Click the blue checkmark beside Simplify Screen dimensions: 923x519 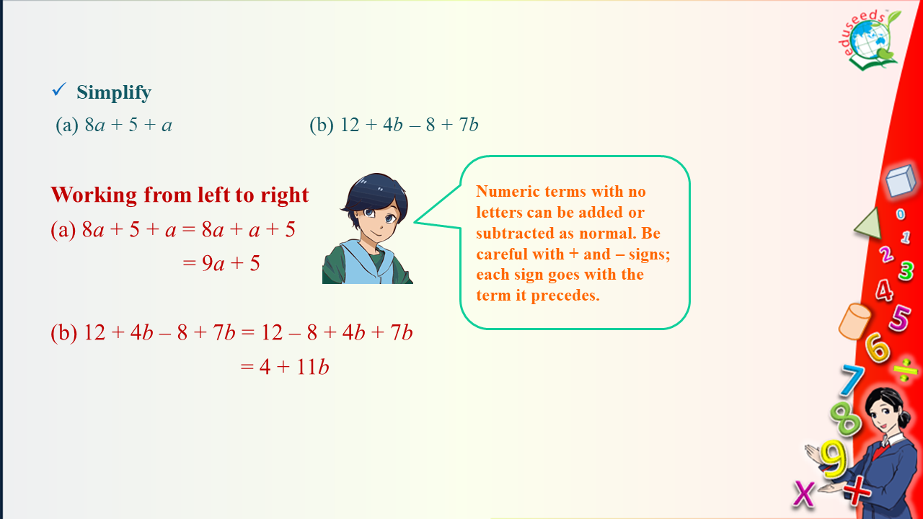click(x=59, y=89)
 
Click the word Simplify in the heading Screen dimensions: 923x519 click(x=114, y=93)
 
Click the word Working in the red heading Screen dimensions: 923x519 click(x=94, y=195)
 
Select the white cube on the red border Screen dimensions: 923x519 click(x=901, y=181)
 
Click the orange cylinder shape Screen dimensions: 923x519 click(x=854, y=321)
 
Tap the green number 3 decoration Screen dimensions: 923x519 click(x=906, y=270)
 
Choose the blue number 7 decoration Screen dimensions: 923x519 click(x=852, y=379)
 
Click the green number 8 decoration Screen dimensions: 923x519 click(x=844, y=418)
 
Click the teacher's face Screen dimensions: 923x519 click(x=884, y=418)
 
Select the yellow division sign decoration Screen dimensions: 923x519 click(x=905, y=370)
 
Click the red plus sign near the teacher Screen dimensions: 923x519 click(x=857, y=491)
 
